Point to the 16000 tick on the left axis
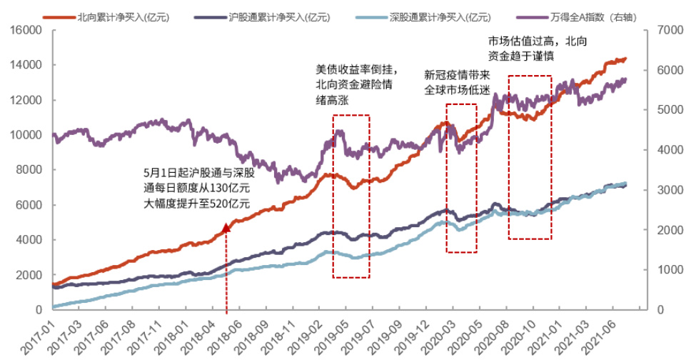(x=28, y=31)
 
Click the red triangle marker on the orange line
(x=226, y=228)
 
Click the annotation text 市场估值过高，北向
(x=528, y=41)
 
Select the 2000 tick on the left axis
(x=31, y=275)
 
